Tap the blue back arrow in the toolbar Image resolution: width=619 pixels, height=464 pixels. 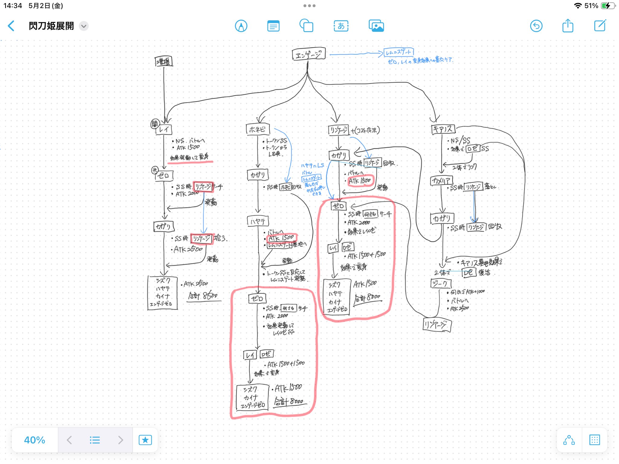pos(11,26)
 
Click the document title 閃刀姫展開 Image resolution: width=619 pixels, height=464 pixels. pos(51,26)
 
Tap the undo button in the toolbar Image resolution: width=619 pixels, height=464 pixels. pos(536,26)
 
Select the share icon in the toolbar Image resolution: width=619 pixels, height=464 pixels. pos(568,26)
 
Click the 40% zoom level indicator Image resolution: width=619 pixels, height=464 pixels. pos(34,440)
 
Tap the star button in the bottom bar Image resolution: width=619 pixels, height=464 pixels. pos(145,440)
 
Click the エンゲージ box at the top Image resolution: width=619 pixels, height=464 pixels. pos(309,54)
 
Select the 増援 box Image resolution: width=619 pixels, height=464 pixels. pos(164,61)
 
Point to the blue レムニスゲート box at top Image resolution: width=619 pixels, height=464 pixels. pos(398,52)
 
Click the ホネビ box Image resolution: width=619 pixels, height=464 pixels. pos(258,130)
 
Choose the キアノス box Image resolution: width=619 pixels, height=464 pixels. pos(443,129)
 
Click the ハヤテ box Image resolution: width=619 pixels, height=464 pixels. pos(258,221)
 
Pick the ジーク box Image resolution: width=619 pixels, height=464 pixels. pos(441,284)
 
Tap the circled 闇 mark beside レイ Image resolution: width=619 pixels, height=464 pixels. pos(154,124)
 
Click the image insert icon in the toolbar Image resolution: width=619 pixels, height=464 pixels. pos(376,26)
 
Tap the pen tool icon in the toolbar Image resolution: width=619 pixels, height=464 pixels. pos(241,26)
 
